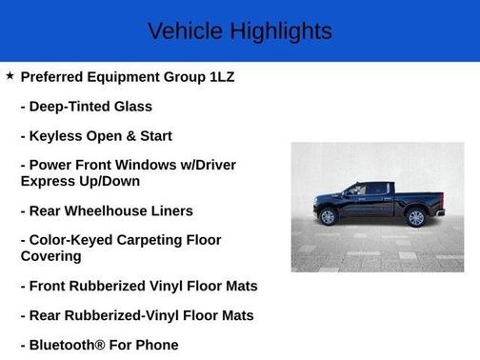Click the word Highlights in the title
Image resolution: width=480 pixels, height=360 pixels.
(x=281, y=30)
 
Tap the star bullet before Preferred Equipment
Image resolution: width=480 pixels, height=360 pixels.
(x=10, y=75)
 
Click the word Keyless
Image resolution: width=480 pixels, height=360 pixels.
(x=60, y=136)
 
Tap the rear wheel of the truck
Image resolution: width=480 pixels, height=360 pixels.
(x=415, y=217)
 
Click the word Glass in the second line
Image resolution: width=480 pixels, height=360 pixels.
(x=132, y=107)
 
